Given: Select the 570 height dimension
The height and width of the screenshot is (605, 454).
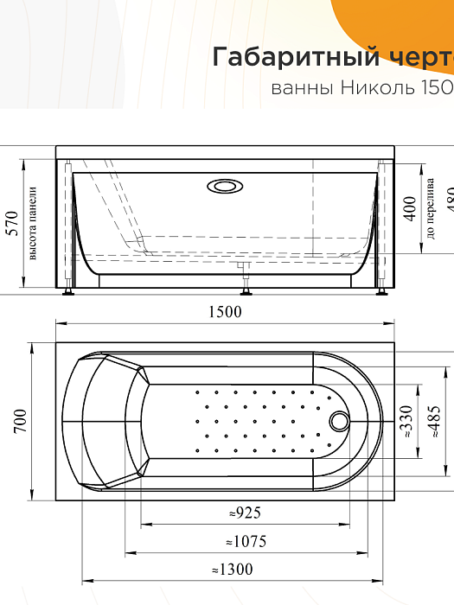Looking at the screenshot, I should [x=11, y=224].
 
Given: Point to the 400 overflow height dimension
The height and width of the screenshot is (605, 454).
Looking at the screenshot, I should [x=410, y=207].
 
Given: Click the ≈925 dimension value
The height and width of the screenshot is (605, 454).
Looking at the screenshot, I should [x=245, y=513].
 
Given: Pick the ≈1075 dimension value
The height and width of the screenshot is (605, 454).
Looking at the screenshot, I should [x=245, y=542].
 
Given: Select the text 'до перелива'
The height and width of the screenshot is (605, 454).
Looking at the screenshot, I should [x=430, y=212].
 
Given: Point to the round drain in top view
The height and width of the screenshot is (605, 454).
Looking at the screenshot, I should [x=340, y=421].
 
